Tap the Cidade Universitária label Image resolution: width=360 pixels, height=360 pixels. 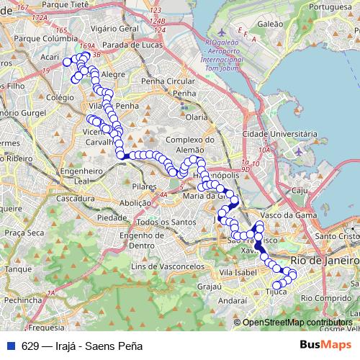(x=281, y=134)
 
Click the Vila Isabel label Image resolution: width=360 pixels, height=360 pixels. (x=238, y=273)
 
